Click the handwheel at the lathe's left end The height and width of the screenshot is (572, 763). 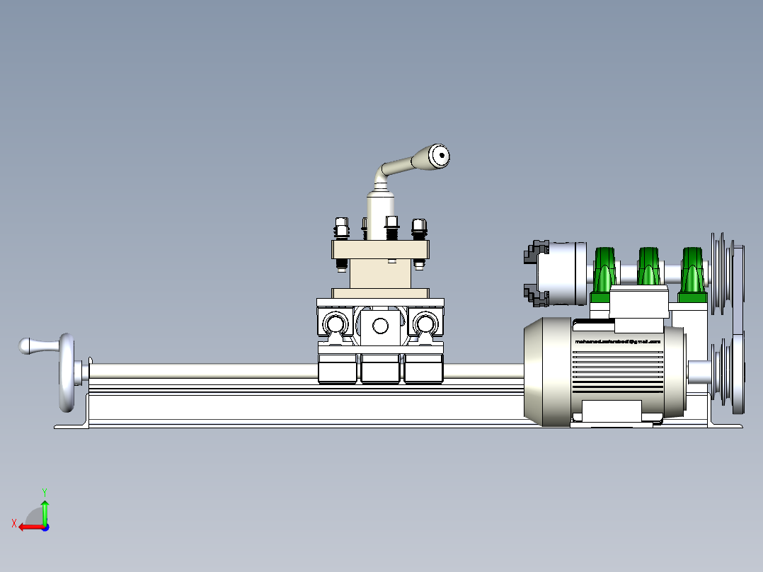(x=67, y=372)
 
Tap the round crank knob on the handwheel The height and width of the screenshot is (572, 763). (x=27, y=346)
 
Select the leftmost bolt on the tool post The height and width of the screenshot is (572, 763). (x=340, y=227)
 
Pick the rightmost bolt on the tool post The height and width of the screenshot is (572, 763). (x=418, y=227)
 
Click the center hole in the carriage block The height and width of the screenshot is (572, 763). (x=380, y=326)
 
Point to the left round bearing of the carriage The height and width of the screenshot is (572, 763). (x=335, y=324)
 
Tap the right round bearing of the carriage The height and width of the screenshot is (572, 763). (x=425, y=324)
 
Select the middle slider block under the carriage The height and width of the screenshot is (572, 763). (x=380, y=369)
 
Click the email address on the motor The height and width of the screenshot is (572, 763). (x=617, y=341)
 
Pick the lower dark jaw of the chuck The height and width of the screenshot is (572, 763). (x=536, y=294)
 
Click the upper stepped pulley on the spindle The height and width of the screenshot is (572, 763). (x=723, y=273)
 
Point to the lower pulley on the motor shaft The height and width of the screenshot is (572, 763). (x=726, y=372)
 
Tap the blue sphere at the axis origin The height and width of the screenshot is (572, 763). (x=45, y=527)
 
